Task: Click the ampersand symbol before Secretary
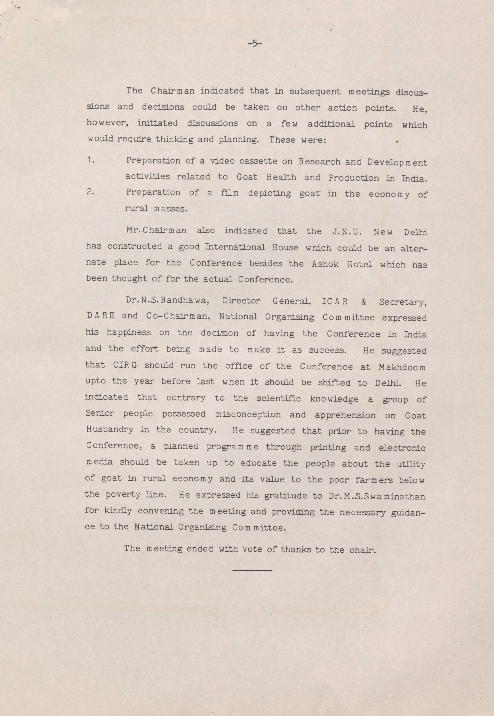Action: click(363, 302)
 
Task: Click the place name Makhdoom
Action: click(402, 367)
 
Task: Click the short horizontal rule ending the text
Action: click(252, 570)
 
